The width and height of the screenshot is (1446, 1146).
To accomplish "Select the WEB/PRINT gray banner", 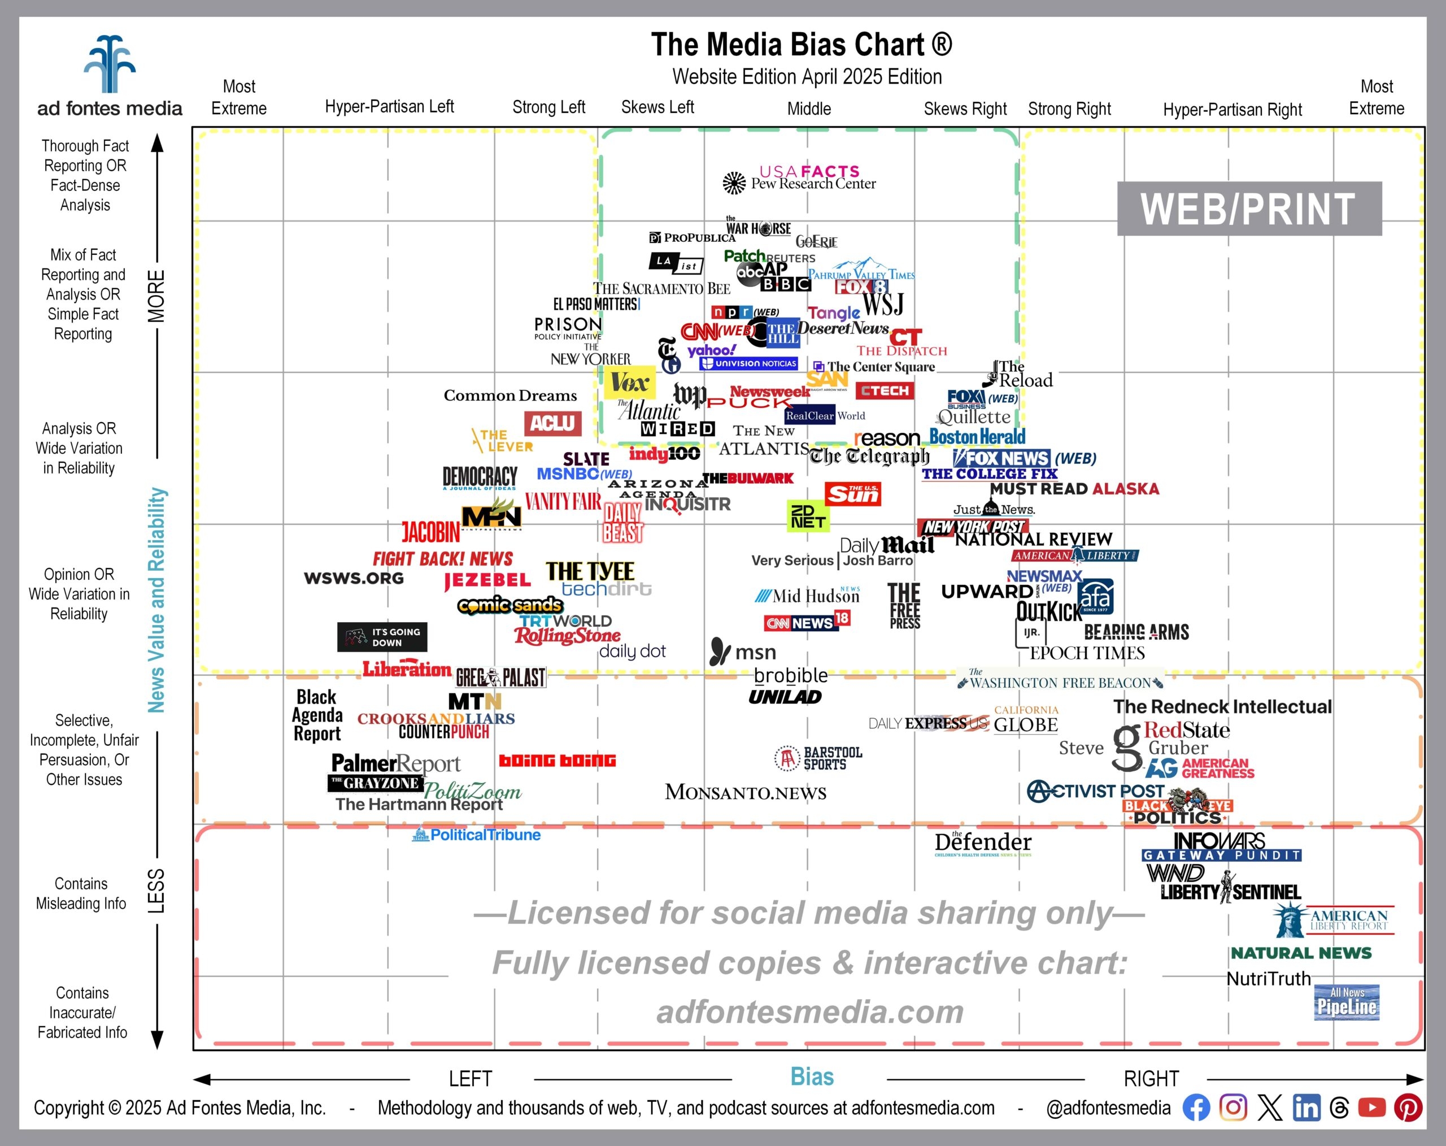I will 1248,209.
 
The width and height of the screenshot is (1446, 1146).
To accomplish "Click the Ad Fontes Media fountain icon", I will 110,64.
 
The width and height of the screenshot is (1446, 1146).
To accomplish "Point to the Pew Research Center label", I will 812,184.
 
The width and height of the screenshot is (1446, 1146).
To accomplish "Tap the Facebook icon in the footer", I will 1196,1107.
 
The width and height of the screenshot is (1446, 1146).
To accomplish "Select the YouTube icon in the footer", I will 1371,1107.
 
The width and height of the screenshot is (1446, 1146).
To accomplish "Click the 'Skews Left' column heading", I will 657,107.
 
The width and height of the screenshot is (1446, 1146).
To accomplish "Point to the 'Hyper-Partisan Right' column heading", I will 1232,110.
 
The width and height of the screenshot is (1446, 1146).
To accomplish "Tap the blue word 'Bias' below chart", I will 812,1077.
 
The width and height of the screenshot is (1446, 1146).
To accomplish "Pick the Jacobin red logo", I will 430,533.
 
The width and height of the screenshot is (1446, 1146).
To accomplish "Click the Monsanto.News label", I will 745,792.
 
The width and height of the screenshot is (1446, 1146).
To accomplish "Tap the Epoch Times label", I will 1087,653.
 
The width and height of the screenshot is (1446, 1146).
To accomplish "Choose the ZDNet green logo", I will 808,515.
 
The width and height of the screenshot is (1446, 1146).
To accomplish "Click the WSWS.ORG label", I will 354,578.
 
